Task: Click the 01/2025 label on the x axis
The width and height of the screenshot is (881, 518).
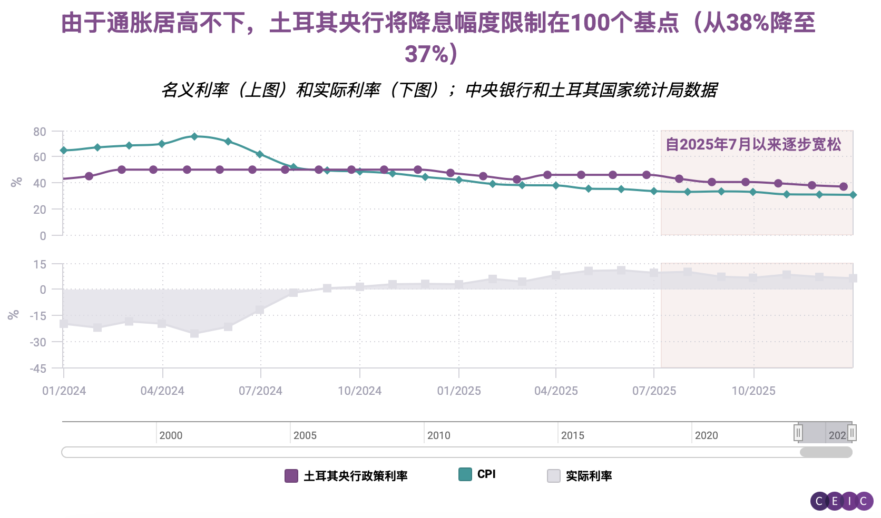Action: pos(458,391)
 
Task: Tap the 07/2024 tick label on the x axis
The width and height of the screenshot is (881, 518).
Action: pos(260,391)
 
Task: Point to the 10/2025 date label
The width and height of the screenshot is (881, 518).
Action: pos(753,391)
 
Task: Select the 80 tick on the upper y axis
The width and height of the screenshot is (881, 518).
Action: pos(40,132)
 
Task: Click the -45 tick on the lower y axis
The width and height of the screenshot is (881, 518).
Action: pos(38,368)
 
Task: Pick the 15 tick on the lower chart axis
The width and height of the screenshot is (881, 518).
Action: pos(40,264)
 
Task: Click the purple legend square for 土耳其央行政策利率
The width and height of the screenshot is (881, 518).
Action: pos(291,476)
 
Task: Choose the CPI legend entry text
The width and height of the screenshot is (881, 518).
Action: pos(486,474)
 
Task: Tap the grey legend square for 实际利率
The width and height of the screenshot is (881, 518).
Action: pos(554,476)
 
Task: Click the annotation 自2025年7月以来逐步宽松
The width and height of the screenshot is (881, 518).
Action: pos(753,144)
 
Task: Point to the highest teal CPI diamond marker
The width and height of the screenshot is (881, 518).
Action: pos(194,136)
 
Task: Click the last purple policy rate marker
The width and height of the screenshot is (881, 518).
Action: pos(844,186)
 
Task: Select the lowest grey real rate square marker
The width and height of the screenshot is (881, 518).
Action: pos(194,334)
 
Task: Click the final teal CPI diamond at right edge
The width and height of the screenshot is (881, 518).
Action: pos(853,195)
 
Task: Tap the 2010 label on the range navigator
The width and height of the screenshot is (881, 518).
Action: pos(438,435)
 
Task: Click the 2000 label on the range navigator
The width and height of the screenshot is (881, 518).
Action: pos(171,435)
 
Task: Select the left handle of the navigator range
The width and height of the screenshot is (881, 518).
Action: pos(798,433)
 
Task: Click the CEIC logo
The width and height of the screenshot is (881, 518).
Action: pos(841,501)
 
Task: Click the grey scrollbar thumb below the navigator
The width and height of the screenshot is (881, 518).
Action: pos(826,452)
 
